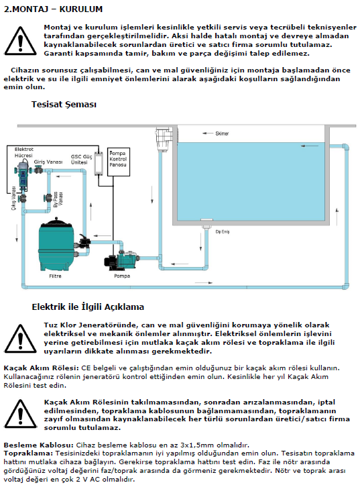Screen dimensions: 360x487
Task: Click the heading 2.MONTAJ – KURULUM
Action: [53, 9]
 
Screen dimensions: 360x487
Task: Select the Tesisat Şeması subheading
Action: [64, 105]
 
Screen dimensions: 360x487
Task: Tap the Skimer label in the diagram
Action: [222, 133]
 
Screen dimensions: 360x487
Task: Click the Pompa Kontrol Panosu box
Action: [118, 162]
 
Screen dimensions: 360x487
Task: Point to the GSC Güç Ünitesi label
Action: [81, 160]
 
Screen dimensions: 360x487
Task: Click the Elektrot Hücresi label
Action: [23, 152]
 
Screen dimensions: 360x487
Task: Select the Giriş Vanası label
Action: [48, 162]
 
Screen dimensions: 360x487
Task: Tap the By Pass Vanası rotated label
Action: [58, 199]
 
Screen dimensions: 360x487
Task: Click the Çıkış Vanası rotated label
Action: [13, 198]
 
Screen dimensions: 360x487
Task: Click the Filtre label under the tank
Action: [55, 276]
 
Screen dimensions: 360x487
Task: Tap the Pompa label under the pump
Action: [122, 276]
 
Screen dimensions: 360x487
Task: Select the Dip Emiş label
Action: [223, 231]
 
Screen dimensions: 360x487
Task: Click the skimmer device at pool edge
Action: [164, 137]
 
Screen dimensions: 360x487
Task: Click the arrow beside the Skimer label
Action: [208, 133]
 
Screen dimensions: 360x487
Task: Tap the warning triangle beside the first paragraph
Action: [20, 41]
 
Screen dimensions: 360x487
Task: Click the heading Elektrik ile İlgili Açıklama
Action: [88, 307]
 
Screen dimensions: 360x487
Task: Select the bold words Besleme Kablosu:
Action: [39, 445]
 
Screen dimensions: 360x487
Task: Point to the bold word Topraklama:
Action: [29, 453]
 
